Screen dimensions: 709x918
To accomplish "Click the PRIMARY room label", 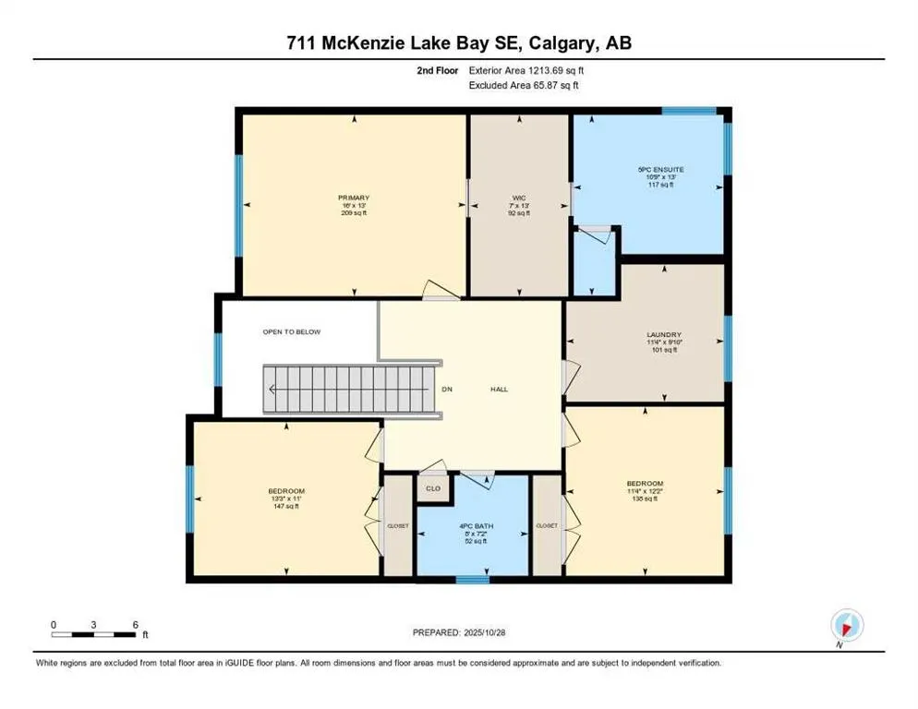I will [x=354, y=198].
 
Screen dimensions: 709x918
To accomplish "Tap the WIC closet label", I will [x=519, y=198].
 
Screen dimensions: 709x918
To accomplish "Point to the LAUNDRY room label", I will [x=664, y=334].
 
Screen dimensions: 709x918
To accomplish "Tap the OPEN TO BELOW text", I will [x=292, y=331].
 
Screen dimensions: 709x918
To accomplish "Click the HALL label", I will [x=499, y=389].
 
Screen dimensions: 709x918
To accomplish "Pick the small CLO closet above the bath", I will [x=431, y=488].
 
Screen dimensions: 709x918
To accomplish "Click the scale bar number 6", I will [x=135, y=624].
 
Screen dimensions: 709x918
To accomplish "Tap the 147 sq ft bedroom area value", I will [x=286, y=508].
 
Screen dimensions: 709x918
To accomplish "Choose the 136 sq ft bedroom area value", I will [x=644, y=500].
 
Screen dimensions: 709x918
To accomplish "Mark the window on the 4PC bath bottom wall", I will [x=472, y=580].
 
